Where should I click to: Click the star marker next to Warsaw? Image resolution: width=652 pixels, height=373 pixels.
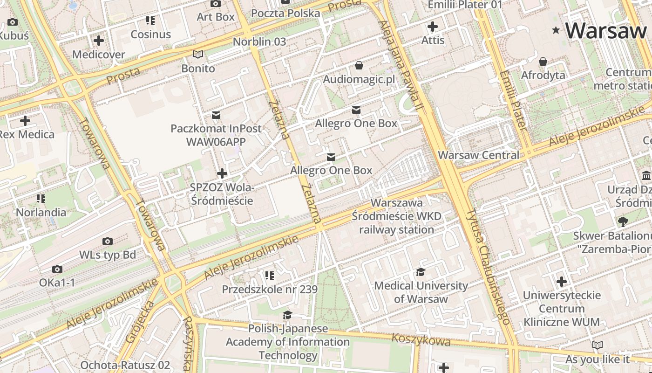point(556,31)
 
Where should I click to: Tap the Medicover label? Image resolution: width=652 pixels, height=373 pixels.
point(98,55)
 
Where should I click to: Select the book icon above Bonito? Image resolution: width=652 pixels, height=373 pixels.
point(198,55)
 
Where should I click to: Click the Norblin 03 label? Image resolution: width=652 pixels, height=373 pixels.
point(259,41)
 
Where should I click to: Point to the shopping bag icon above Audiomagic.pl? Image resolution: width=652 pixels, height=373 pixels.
point(359,65)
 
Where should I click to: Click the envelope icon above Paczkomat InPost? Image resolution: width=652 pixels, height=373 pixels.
point(216,115)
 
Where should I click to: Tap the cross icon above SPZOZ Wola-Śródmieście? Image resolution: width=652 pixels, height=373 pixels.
point(222,173)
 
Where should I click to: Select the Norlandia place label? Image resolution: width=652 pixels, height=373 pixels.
point(41,213)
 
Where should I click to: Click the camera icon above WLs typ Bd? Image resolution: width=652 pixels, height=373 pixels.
point(108,241)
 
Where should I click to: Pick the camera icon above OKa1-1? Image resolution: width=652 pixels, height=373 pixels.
point(57,269)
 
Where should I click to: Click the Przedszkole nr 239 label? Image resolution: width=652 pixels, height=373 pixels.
point(270,290)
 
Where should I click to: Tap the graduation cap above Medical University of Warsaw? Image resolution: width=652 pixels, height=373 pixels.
point(421,272)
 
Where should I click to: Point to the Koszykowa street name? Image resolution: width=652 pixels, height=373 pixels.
point(421,340)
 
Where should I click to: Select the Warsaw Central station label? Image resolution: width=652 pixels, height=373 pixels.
point(479,155)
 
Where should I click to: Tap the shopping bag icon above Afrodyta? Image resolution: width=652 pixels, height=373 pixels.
point(543,62)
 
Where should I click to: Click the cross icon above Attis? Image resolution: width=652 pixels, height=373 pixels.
point(433,27)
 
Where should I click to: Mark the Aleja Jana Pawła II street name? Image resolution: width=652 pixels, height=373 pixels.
point(400,65)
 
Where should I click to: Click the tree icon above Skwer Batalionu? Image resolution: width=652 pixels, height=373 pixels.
point(623,222)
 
